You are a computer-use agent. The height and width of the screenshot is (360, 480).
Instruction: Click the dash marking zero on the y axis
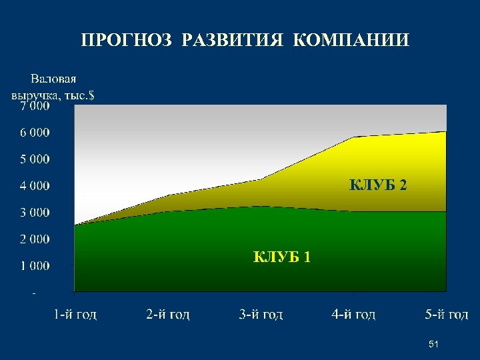35,292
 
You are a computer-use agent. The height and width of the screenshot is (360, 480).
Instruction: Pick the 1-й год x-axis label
75,314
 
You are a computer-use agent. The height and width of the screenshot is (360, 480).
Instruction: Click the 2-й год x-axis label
168,314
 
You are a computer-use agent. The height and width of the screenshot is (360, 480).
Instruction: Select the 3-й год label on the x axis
261,314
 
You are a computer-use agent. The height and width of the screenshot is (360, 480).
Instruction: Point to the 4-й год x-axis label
353,314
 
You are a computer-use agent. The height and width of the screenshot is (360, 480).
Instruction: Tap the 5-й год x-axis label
446,314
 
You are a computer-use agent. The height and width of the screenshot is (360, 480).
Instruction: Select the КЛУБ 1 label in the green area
281,257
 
